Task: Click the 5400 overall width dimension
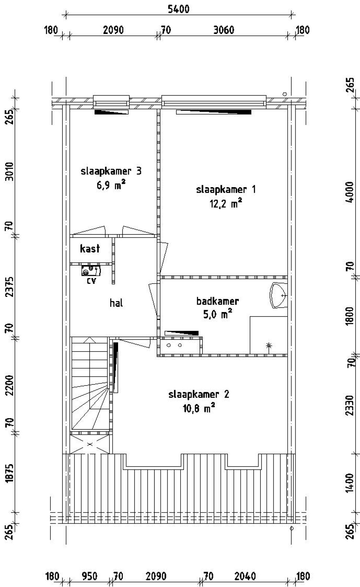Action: coord(178,9)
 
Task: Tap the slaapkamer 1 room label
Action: coord(226,189)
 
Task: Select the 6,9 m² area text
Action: coord(111,186)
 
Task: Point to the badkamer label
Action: coord(217,301)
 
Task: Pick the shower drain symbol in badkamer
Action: coord(269,345)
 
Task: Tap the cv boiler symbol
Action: coord(91,271)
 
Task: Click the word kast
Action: coord(90,249)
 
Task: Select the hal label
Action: coord(116,303)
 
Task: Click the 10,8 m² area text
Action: coord(199,408)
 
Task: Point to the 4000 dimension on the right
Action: coord(350,192)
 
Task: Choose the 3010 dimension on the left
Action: coord(10,172)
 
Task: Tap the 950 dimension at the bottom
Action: coord(90,577)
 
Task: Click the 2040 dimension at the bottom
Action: coord(245,577)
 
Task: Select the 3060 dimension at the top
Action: coord(224,30)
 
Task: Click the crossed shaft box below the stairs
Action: coord(90,444)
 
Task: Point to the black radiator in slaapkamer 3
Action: coord(111,112)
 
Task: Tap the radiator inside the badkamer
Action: coord(181,333)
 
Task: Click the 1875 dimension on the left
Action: coord(10,473)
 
